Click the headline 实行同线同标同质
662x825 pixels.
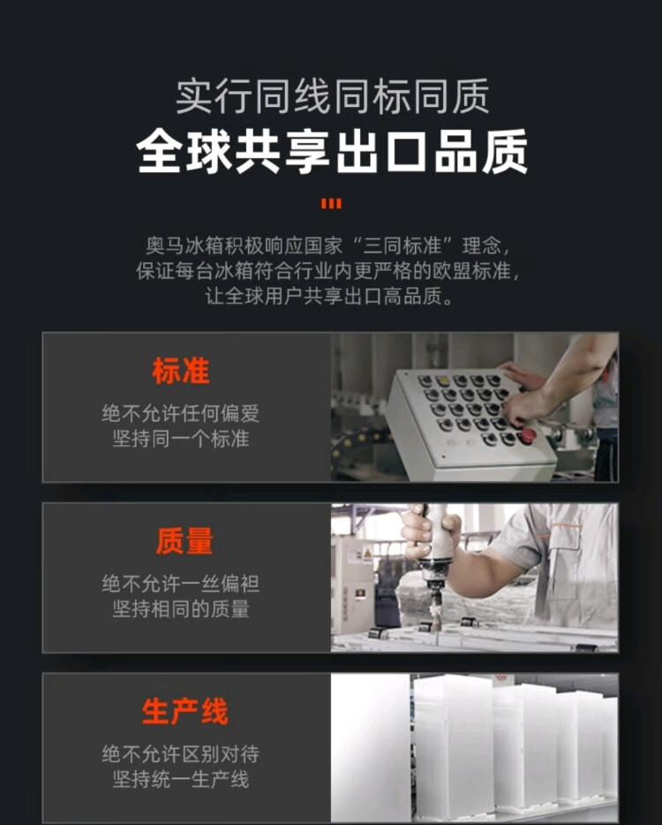[x=332, y=96]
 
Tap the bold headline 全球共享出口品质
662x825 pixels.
[x=331, y=152]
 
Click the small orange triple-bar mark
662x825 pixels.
[x=331, y=203]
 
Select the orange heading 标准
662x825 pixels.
[x=181, y=370]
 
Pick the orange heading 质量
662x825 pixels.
[x=184, y=541]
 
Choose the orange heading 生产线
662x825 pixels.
[x=184, y=711]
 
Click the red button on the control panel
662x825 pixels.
[x=527, y=435]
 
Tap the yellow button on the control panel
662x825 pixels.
[x=443, y=380]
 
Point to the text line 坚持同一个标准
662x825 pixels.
[x=181, y=438]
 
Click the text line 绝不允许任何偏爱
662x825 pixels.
[x=181, y=413]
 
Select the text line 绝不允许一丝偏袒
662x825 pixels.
[x=181, y=584]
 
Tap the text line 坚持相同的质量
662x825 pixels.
[x=181, y=609]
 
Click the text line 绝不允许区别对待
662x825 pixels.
[x=181, y=754]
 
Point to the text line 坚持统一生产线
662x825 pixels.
[x=181, y=779]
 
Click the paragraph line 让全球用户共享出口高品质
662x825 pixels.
[x=328, y=296]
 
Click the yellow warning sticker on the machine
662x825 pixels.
[x=367, y=554]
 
